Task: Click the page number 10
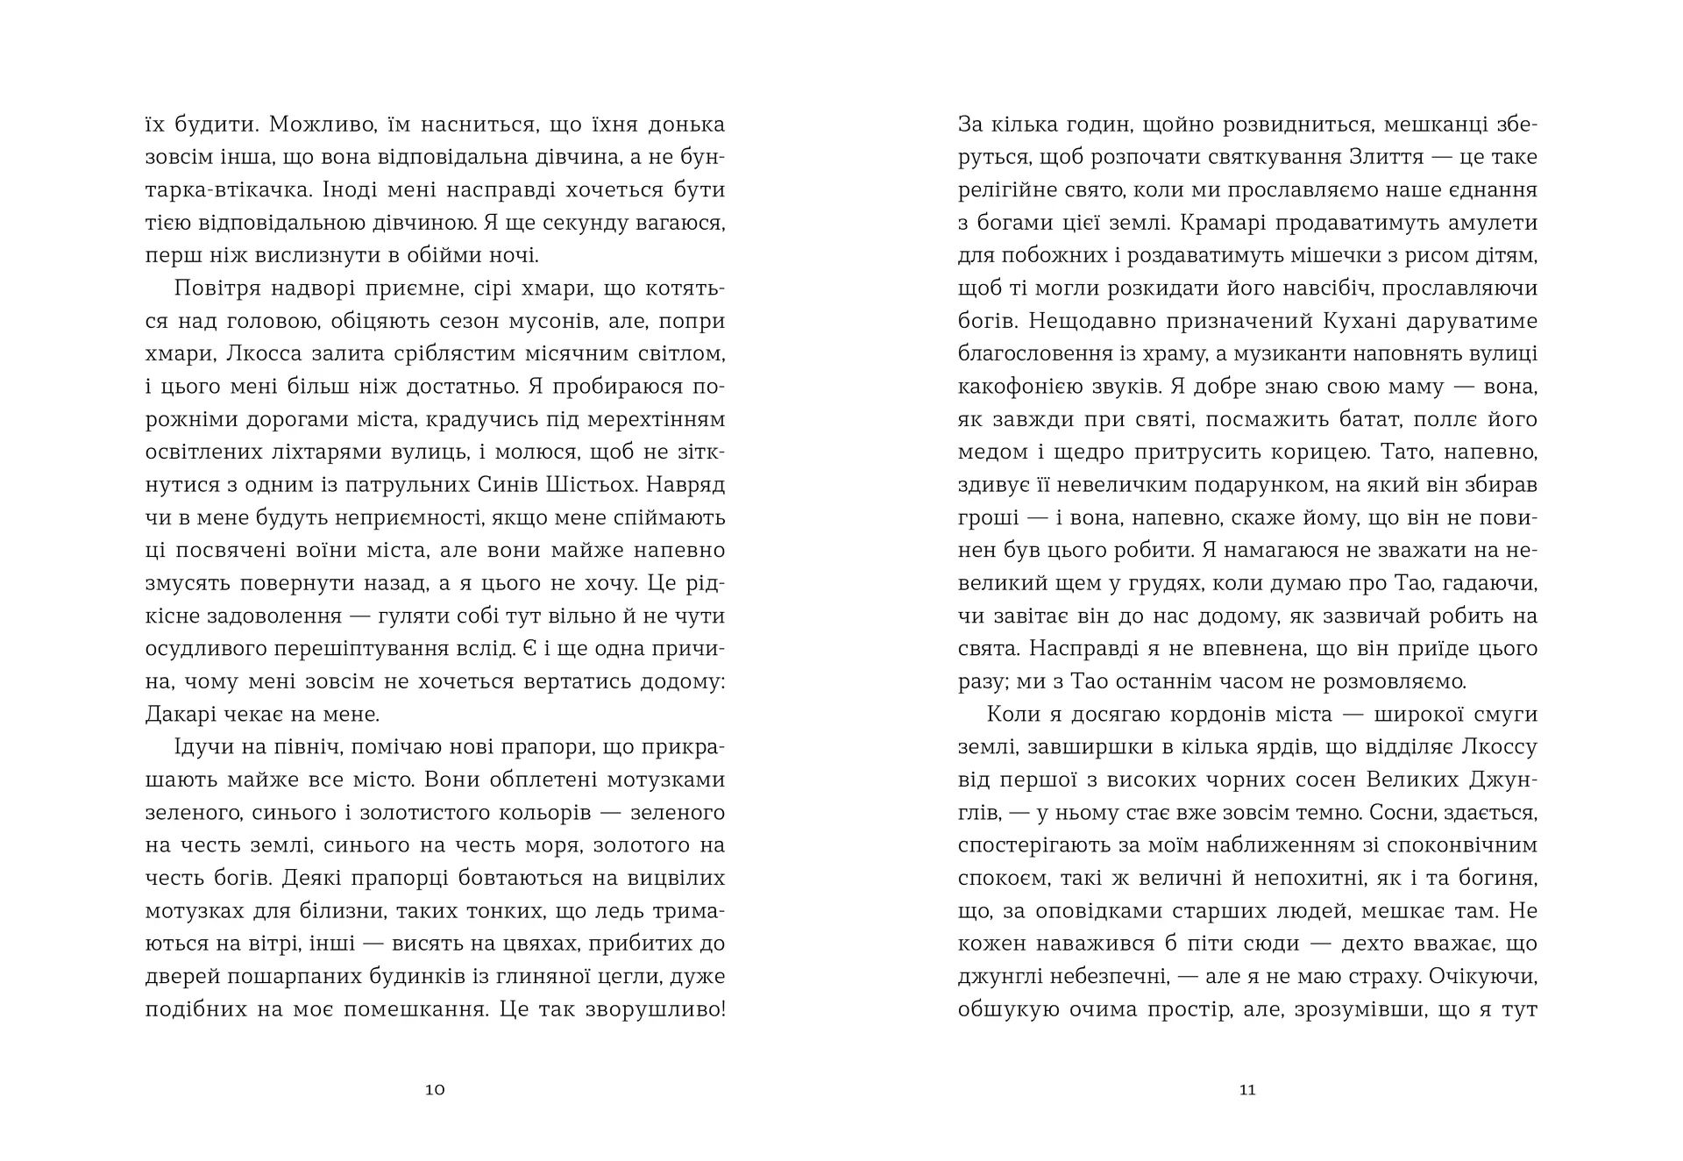(435, 1090)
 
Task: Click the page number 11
(1247, 1090)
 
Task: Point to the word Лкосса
(263, 353)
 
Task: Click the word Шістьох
(682, 485)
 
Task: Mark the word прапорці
(405, 878)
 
